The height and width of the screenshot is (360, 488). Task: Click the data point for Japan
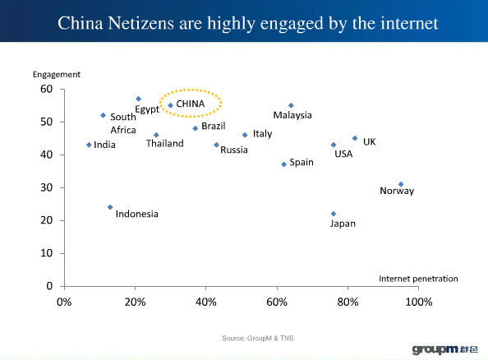coord(334,214)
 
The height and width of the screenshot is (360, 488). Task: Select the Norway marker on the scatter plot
coord(401,184)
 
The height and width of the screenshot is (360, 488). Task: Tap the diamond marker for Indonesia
coord(110,207)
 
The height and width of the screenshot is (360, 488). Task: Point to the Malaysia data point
coord(291,105)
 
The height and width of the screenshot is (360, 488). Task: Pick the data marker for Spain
coord(283,164)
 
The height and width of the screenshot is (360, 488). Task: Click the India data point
coord(89,145)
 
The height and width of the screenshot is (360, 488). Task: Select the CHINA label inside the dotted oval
coord(191,104)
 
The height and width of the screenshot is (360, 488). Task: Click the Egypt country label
coord(147,109)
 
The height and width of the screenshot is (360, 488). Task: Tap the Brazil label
coord(214,127)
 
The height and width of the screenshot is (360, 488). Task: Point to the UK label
coord(369,142)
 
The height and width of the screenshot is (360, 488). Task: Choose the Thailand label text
coord(164,144)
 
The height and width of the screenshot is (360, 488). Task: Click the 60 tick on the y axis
coord(47,89)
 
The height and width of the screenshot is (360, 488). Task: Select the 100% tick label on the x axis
coord(419,301)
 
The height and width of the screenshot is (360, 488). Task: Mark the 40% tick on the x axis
coord(205,301)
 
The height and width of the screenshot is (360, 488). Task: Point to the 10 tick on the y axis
coord(47,253)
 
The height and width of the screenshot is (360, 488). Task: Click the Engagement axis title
coord(57,74)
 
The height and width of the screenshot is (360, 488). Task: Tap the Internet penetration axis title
coord(418,279)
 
